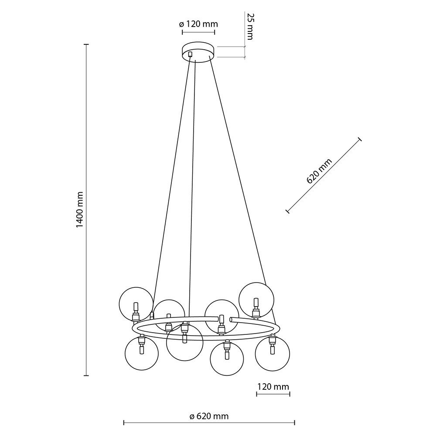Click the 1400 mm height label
tap(80, 209)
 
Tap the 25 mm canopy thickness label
tap(249, 27)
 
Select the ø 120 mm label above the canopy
tap(198, 24)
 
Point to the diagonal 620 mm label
tap(319, 171)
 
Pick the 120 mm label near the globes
tap(273, 386)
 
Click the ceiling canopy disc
tap(198, 51)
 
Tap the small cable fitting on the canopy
tap(190, 54)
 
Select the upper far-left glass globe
tap(136, 304)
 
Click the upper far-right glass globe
tap(256, 300)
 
